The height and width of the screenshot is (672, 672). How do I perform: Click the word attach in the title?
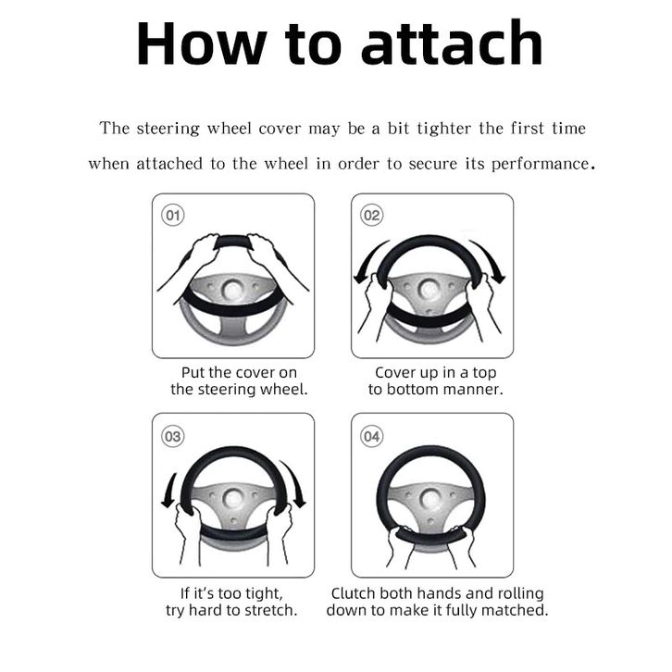[x=452, y=44]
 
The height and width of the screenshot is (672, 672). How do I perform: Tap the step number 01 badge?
[x=173, y=215]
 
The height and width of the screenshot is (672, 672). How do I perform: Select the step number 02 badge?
[x=371, y=215]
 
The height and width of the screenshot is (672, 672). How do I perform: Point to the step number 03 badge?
[x=173, y=437]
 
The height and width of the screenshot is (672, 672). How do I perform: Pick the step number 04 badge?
[x=371, y=437]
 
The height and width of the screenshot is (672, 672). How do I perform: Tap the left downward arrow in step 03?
[x=169, y=491]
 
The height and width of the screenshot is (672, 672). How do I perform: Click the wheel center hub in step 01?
[x=232, y=290]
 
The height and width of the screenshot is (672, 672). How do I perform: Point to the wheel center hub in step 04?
[x=430, y=498]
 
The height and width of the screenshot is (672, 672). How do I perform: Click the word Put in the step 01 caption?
[x=193, y=372]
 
